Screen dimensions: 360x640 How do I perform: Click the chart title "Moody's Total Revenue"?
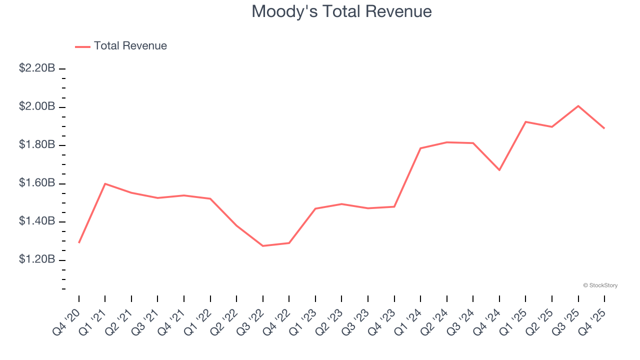(x=341, y=11)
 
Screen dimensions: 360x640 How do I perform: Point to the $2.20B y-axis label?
(x=37, y=68)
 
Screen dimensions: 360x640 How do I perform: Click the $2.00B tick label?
(x=37, y=107)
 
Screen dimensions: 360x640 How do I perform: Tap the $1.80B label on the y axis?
(x=37, y=145)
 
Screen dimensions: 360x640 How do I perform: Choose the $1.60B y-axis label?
(x=37, y=183)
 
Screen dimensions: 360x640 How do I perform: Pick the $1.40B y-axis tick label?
(x=37, y=221)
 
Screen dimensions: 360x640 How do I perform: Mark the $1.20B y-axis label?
(x=37, y=260)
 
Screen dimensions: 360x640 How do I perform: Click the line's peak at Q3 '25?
(x=578, y=106)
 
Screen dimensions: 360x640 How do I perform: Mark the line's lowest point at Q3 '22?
(x=263, y=246)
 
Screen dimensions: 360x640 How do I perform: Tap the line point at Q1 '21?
(x=105, y=183)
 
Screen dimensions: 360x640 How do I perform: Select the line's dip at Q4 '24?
(x=499, y=170)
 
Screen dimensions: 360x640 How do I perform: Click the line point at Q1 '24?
(x=420, y=148)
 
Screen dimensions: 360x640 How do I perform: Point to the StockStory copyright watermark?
(x=600, y=285)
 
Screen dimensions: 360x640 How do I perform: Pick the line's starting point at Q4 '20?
(x=79, y=243)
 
